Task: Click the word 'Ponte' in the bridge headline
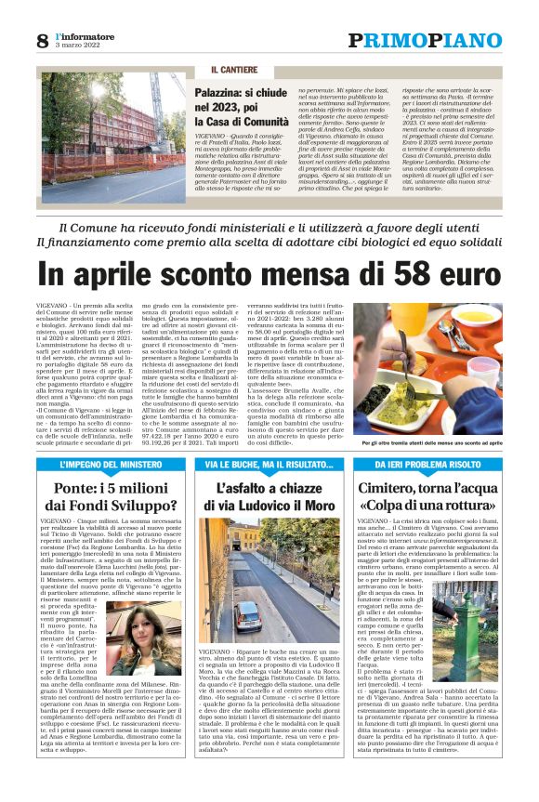[x=79, y=487]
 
